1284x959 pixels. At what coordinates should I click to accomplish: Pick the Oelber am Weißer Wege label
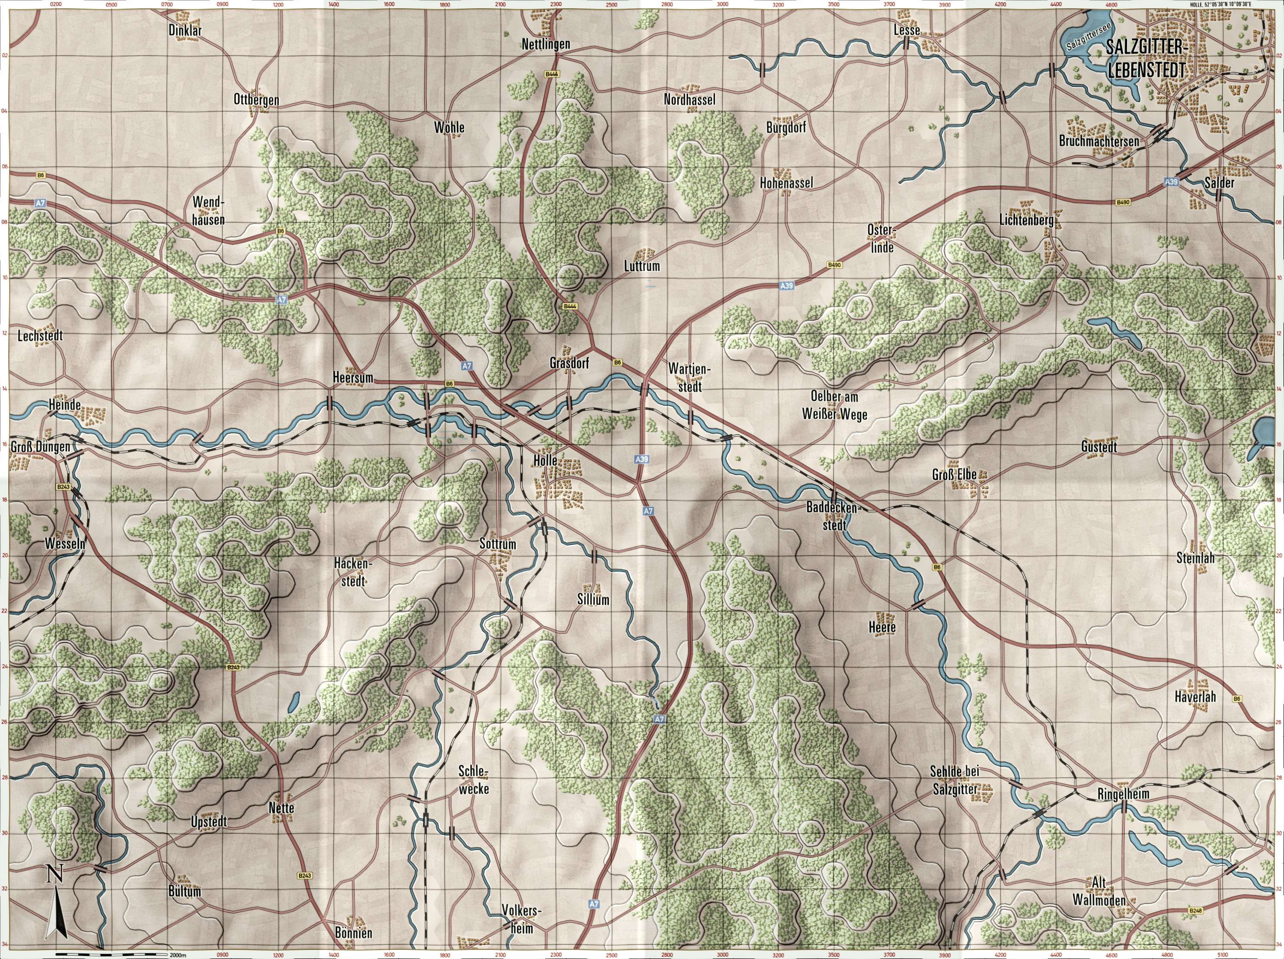835,406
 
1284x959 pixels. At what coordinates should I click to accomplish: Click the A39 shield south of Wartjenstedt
642,459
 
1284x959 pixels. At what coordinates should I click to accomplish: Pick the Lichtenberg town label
1026,220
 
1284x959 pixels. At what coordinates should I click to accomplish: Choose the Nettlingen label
546,44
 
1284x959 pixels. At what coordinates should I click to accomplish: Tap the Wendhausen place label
207,210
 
